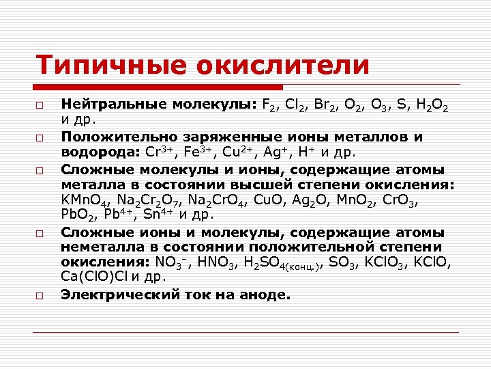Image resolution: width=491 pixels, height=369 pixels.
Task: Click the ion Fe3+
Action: [x=203, y=150]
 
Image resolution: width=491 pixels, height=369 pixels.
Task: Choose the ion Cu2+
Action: [x=247, y=150]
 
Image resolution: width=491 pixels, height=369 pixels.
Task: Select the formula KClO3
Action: [x=387, y=262]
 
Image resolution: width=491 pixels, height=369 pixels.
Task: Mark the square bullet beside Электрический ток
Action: [x=40, y=297]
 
